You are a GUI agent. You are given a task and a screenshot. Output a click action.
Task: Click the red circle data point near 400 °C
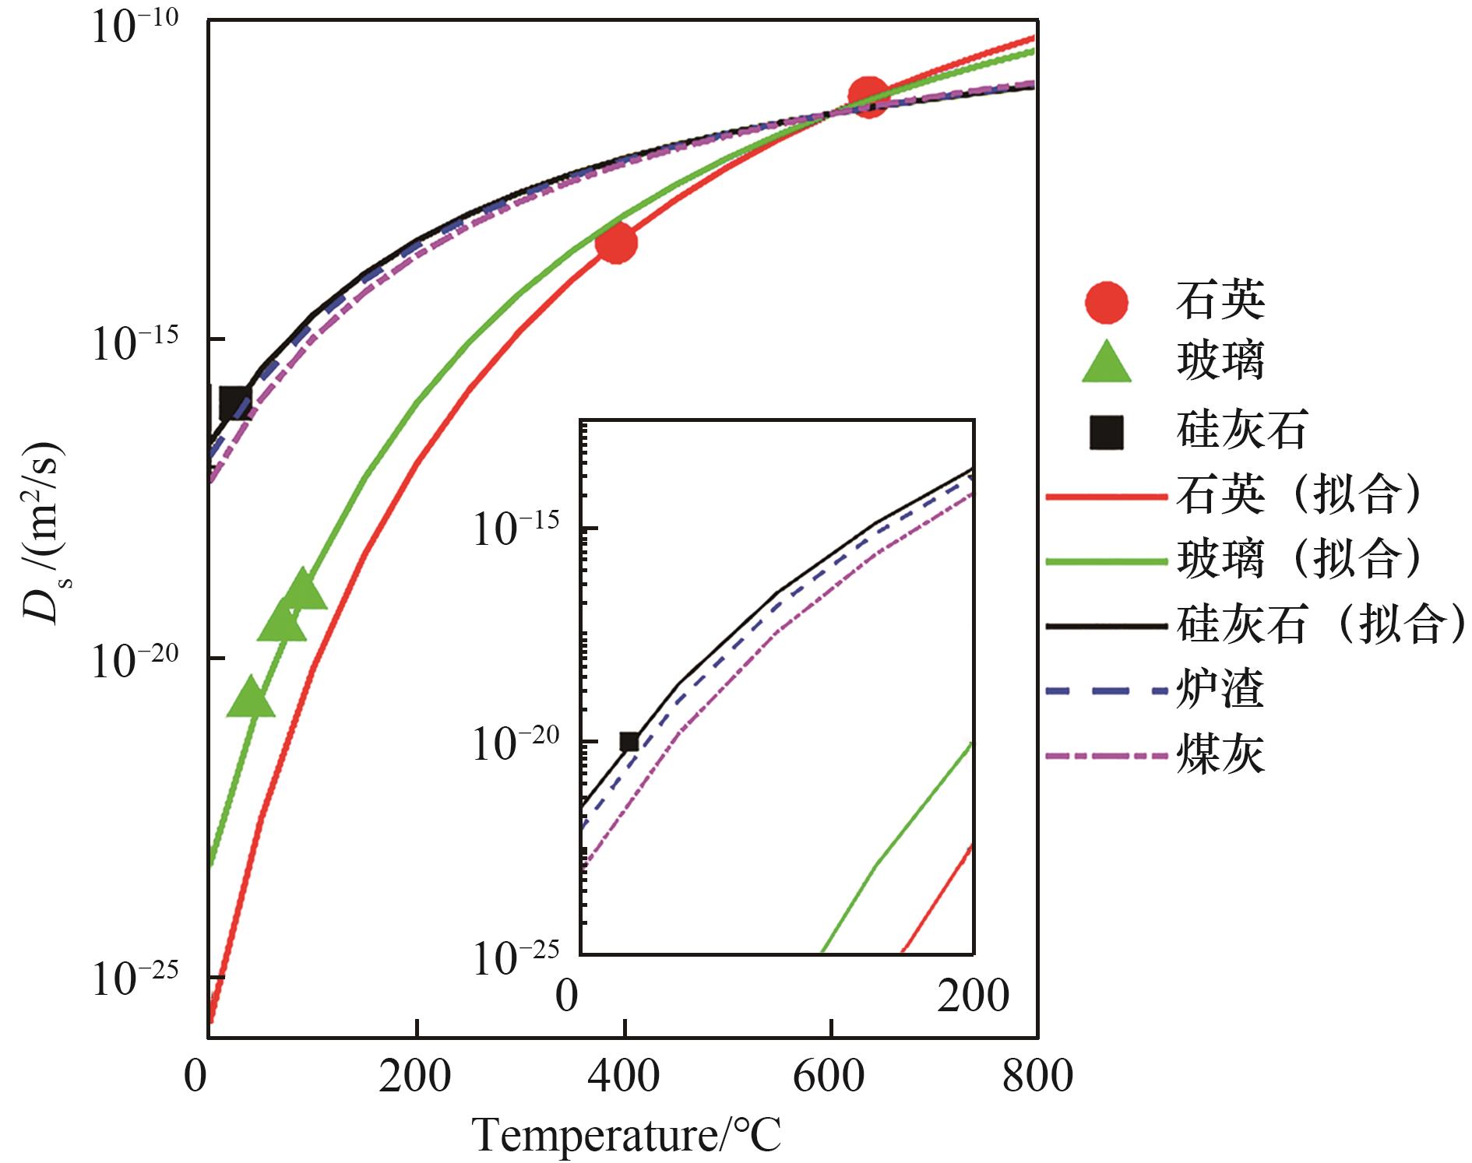[x=616, y=243]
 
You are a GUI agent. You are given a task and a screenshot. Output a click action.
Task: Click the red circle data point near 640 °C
[x=868, y=97]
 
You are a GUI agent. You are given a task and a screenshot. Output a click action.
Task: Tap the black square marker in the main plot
[x=234, y=403]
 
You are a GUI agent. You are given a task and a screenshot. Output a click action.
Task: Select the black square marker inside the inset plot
[x=629, y=742]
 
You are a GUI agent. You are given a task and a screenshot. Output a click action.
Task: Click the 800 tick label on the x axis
[x=1037, y=1076]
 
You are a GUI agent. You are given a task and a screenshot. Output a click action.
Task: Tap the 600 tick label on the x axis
[x=829, y=1076]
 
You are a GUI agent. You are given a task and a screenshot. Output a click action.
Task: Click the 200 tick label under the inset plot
[x=973, y=994]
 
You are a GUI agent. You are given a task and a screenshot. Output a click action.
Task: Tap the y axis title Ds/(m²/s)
[x=43, y=533]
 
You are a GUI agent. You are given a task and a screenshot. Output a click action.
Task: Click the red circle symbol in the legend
[x=1106, y=301]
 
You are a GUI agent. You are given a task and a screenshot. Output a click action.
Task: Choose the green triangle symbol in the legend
[x=1106, y=364]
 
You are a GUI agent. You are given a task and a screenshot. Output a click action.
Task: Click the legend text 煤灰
[x=1220, y=754]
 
